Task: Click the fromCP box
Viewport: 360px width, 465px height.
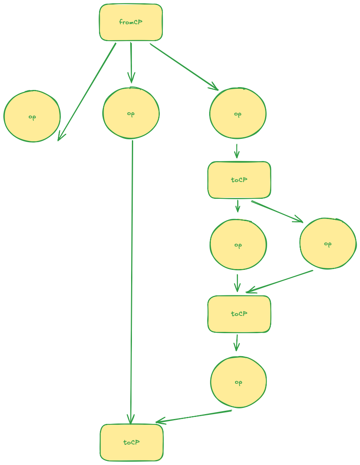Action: [x=131, y=23]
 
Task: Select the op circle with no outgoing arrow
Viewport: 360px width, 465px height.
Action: [x=32, y=117]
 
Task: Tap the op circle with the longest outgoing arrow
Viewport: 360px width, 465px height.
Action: [x=131, y=113]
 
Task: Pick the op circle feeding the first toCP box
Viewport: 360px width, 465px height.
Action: [x=238, y=114]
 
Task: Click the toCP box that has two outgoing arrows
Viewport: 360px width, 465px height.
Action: [x=239, y=180]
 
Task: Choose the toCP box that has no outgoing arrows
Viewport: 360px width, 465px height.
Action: [x=132, y=442]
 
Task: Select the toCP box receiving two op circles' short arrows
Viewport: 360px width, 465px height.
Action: [x=239, y=314]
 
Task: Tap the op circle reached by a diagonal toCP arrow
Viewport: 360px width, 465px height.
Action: [x=328, y=244]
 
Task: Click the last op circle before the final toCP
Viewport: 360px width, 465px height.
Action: [x=238, y=382]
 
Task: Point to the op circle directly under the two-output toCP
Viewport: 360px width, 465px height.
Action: [x=238, y=245]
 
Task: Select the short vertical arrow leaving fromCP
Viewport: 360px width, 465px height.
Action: [x=131, y=62]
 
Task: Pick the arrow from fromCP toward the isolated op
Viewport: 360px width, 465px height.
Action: [x=87, y=91]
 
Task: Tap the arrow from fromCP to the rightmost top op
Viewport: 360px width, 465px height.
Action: [x=184, y=66]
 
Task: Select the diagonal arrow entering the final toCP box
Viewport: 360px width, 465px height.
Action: [x=193, y=416]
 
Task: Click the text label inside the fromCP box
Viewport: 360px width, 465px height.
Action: [x=131, y=22]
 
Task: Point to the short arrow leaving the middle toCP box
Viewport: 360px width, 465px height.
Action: [x=237, y=343]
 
